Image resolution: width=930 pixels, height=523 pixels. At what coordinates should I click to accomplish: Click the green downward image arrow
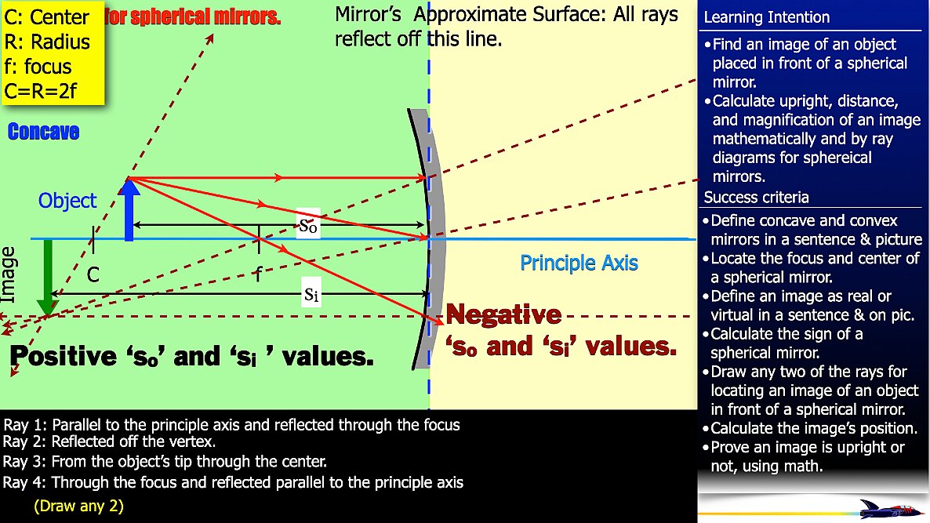coord(48,278)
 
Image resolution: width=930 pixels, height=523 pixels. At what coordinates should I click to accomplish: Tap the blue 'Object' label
coord(67,201)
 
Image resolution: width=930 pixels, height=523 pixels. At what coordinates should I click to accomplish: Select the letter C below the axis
coord(93,274)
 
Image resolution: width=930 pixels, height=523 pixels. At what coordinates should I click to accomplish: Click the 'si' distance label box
coord(311,295)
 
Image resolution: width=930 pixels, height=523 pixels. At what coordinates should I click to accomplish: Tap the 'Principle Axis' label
coord(579,263)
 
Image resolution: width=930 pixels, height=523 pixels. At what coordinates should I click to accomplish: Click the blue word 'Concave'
coord(43,132)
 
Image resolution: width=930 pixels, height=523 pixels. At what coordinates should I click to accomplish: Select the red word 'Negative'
coord(503,315)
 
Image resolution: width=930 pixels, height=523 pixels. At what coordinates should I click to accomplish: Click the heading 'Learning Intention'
coord(766,17)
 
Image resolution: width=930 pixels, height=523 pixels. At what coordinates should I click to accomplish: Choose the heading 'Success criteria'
coord(756,198)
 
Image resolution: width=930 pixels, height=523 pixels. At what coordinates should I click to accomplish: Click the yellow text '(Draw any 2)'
coord(78,506)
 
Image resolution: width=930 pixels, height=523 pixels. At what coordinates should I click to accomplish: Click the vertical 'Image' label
coord(9,274)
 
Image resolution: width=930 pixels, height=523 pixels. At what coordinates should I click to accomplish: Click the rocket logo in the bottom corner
coord(890,508)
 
